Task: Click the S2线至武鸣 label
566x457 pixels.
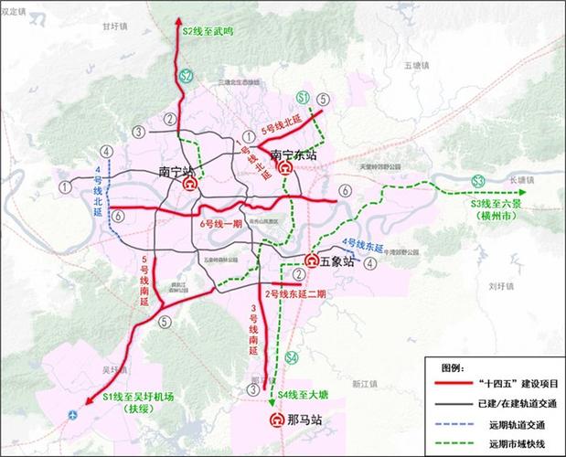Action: tap(208, 31)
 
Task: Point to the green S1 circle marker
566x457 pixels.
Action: tap(303, 98)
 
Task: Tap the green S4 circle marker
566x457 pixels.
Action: tap(291, 357)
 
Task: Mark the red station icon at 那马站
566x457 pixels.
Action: tap(276, 421)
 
